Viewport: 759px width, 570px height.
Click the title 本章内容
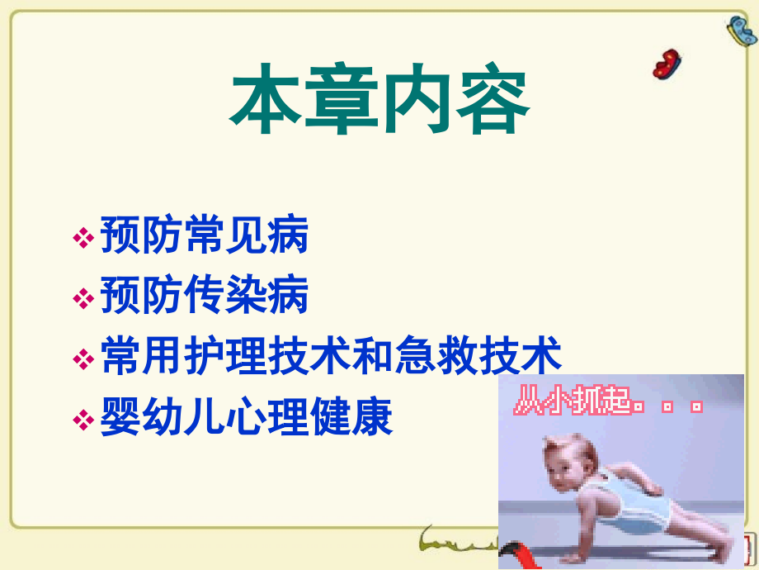[x=379, y=105]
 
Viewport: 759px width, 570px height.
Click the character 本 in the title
[x=263, y=105]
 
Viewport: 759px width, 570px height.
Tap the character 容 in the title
[x=493, y=105]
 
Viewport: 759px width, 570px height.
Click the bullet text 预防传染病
[x=204, y=296]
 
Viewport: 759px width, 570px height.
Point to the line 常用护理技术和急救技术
[x=331, y=357]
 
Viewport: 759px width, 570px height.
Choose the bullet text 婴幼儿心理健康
[x=247, y=418]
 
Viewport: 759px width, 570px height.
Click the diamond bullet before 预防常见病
[x=83, y=239]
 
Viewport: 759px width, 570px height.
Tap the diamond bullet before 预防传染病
[x=83, y=297]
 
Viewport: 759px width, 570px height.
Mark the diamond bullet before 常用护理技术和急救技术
[x=83, y=359]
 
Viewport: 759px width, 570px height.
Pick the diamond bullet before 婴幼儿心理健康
[x=83, y=420]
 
